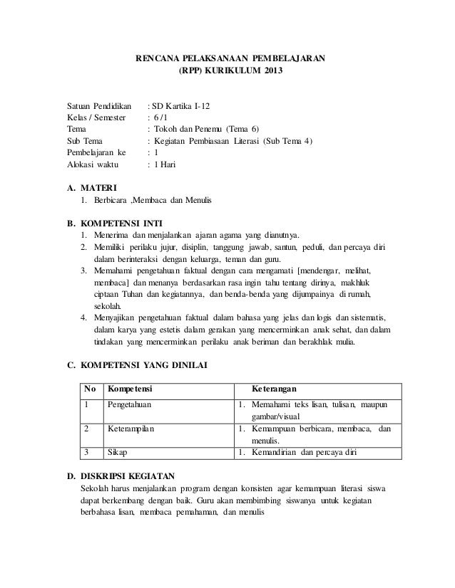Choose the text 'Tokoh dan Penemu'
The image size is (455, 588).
pos(188,129)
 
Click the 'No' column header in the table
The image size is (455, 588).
pos(90,388)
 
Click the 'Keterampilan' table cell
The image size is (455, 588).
pos(131,429)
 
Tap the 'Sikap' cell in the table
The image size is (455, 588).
pos(116,452)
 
